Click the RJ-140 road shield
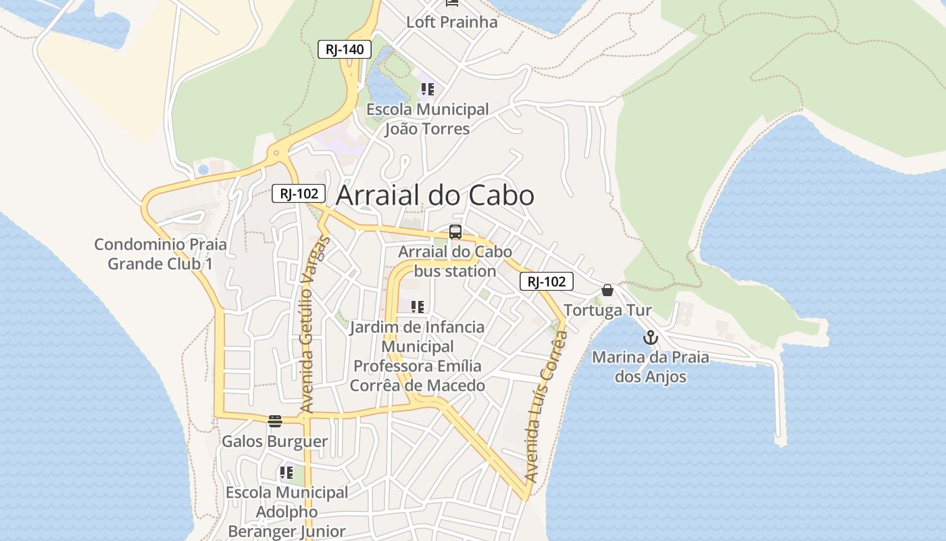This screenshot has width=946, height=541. tap(345, 49)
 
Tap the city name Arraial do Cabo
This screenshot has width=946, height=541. tap(435, 195)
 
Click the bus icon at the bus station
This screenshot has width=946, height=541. tap(455, 232)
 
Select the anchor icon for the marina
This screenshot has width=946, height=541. tap(650, 337)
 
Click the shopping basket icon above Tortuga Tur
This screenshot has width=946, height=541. tap(607, 290)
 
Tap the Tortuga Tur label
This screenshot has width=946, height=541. tap(607, 310)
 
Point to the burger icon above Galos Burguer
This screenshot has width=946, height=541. tap(274, 421)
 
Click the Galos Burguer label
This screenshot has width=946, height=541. tap(275, 442)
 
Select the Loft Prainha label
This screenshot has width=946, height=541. tap(451, 22)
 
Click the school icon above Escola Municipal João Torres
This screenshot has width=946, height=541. tap(427, 89)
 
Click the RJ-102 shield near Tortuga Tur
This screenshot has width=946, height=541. tap(546, 281)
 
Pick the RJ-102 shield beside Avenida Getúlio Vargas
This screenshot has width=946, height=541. tap(299, 193)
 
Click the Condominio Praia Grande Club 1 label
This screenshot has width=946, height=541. tap(160, 254)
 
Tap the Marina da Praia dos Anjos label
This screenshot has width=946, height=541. tap(650, 367)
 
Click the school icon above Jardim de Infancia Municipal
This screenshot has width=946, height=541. tap(418, 307)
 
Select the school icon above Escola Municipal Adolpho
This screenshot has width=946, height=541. tap(287, 472)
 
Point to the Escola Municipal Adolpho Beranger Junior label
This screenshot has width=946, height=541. tap(287, 512)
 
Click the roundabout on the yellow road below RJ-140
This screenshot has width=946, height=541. tap(276, 153)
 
